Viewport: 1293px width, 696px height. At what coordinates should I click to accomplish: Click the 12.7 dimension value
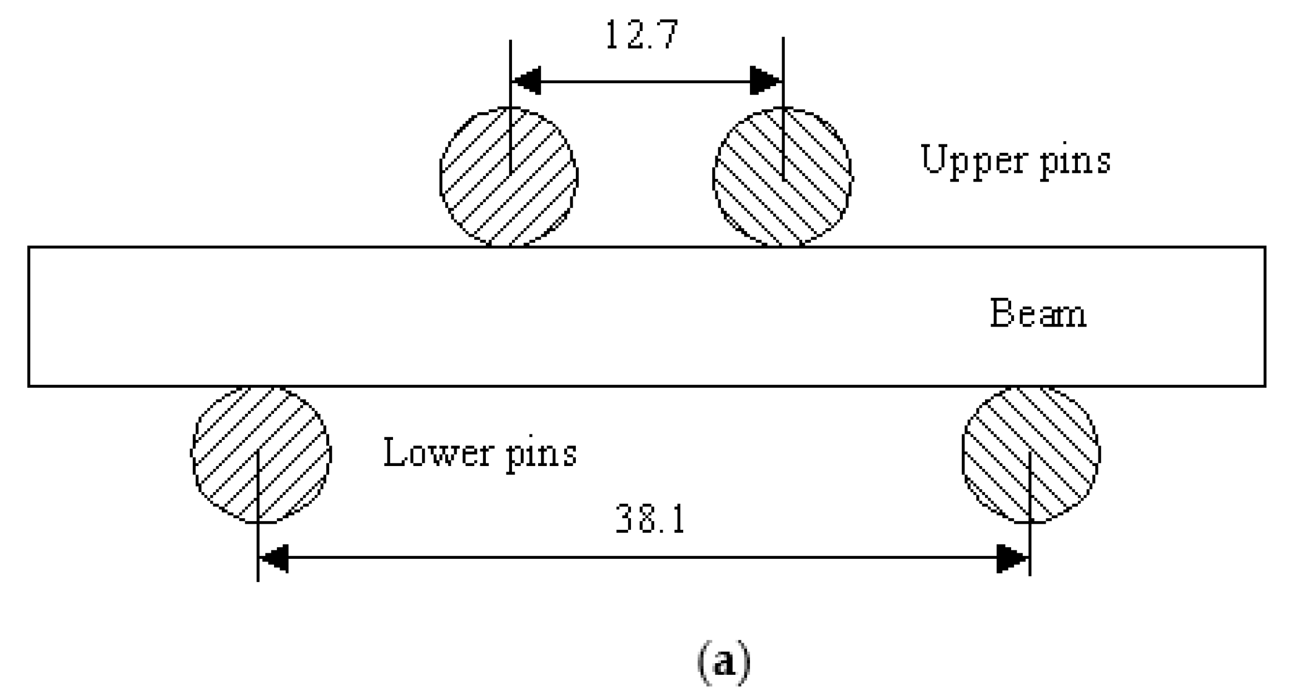641,35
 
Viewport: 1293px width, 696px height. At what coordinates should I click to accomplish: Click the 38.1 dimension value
650,520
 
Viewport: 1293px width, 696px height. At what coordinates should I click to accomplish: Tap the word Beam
1038,314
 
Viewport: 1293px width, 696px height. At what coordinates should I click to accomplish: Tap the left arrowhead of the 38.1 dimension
273,558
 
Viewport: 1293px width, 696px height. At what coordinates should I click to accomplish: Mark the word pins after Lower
541,454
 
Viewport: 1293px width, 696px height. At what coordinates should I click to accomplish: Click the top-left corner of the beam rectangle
29,248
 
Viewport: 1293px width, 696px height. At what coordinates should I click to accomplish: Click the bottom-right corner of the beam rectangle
1265,385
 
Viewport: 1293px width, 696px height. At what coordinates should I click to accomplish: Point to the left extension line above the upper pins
510,72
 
